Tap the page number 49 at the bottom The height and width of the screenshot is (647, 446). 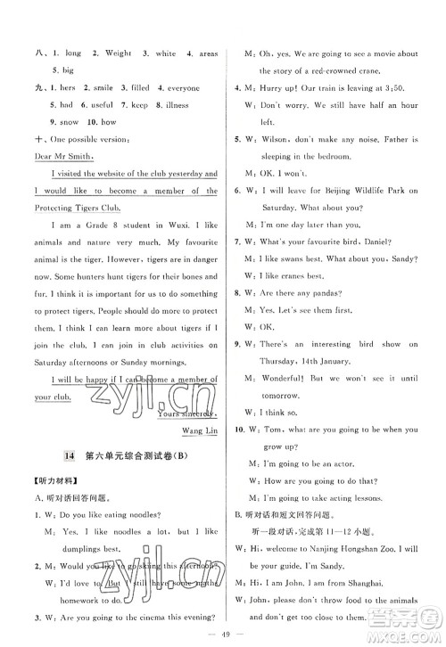[x=222, y=632]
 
